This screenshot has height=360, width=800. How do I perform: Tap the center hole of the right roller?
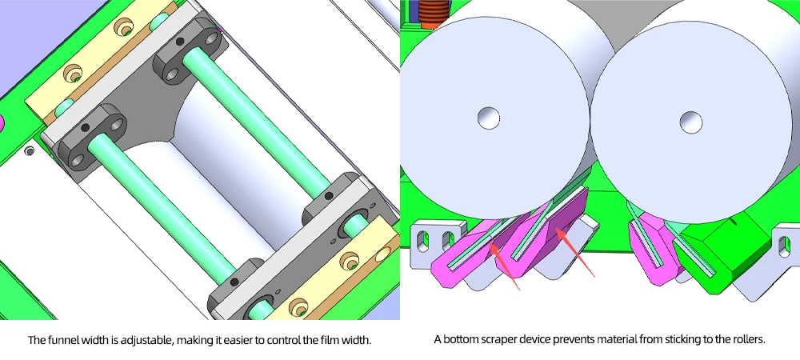691,122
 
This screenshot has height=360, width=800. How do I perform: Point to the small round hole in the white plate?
29,150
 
